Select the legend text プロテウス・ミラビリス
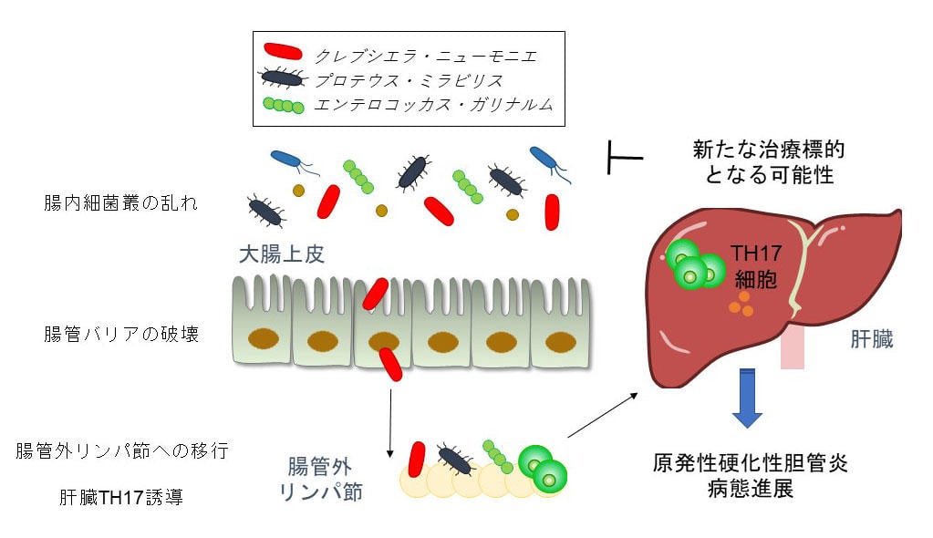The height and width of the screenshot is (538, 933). tap(411, 80)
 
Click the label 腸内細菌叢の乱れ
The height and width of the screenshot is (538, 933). tap(120, 202)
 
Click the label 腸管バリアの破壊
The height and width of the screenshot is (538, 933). tap(120, 334)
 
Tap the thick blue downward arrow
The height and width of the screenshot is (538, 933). tap(747, 398)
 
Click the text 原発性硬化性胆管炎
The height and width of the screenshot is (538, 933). tap(751, 462)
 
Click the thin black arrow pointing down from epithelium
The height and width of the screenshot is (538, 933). tap(390, 420)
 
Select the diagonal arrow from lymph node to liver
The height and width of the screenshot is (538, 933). tap(602, 414)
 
